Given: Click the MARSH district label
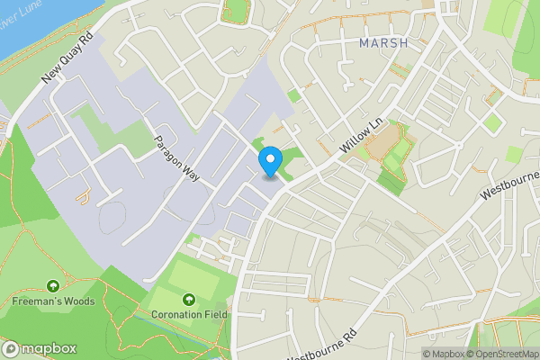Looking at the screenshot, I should (x=382, y=42).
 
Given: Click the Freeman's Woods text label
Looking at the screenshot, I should (x=52, y=301).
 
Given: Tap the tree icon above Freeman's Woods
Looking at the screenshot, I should (x=52, y=286).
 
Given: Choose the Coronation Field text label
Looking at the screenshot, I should (x=190, y=314).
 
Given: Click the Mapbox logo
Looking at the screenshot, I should (x=40, y=349).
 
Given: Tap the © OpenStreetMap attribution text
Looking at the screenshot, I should (x=504, y=354).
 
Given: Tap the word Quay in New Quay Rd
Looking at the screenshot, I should (x=67, y=60).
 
